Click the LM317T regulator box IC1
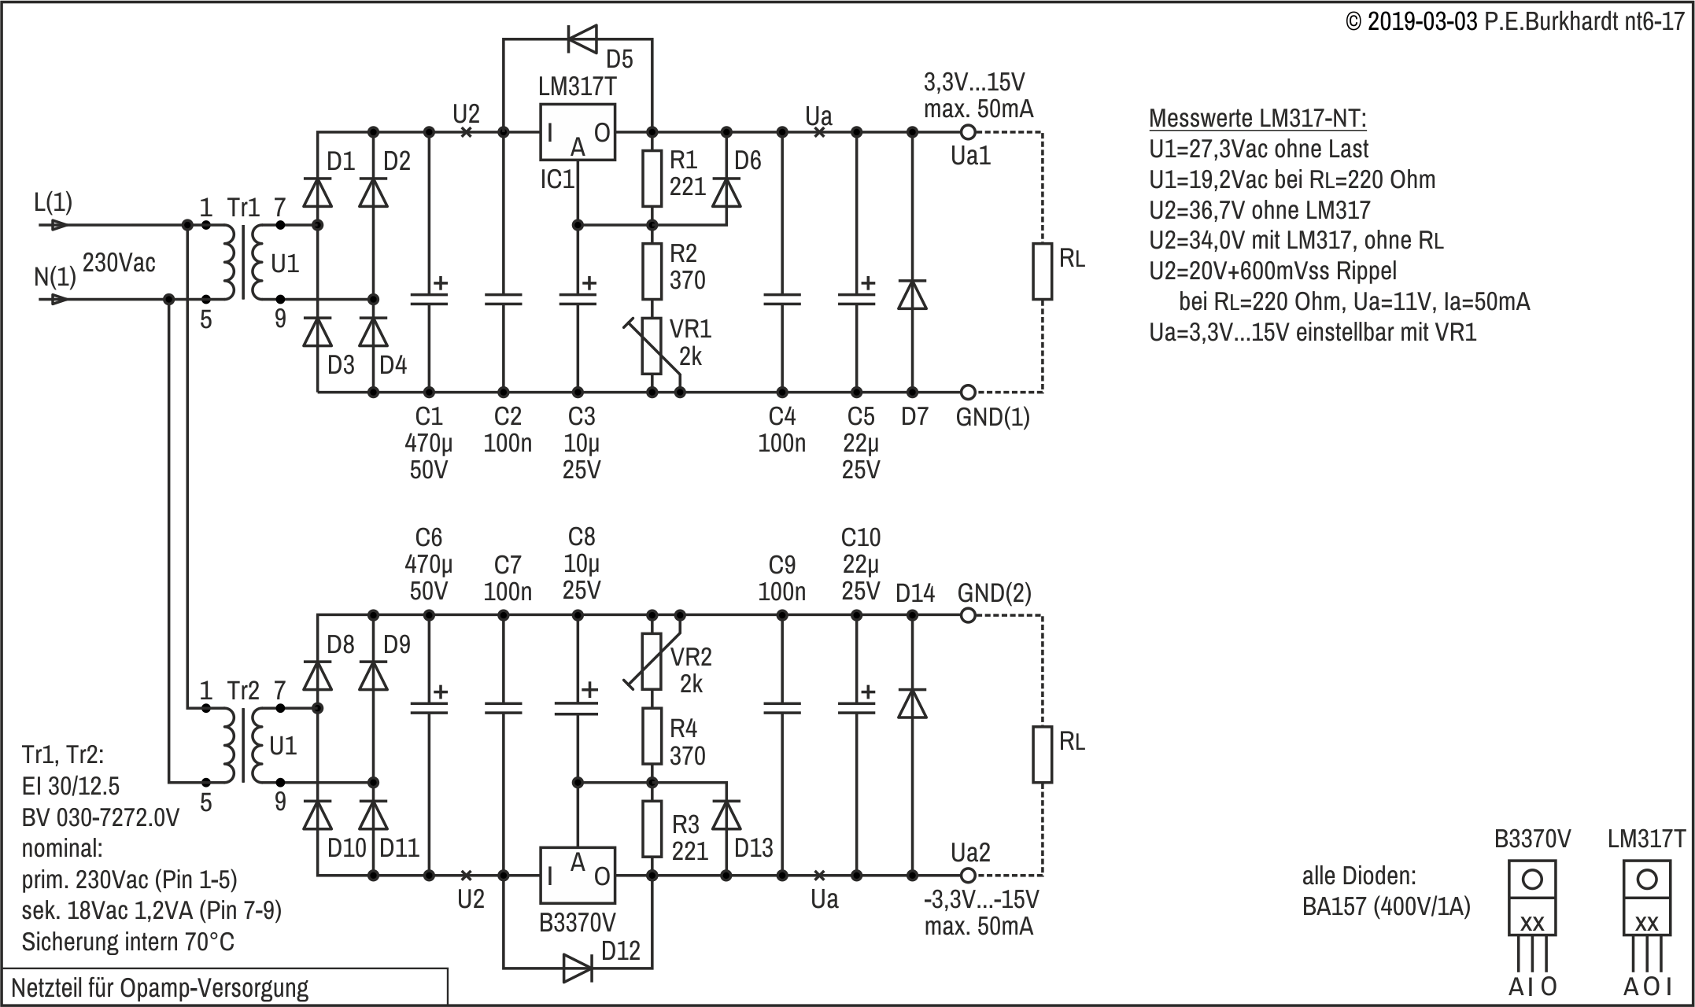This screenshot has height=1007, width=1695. point(577,133)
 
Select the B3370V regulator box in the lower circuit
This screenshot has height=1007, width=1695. point(577,875)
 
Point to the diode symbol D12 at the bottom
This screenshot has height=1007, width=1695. point(578,968)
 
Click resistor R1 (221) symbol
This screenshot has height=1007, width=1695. point(652,177)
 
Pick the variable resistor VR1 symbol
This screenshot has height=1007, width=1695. point(652,346)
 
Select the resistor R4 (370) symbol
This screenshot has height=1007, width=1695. point(652,736)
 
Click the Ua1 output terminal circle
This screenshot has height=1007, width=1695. point(969,132)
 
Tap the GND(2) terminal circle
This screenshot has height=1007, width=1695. point(969,615)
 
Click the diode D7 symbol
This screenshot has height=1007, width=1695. point(913,294)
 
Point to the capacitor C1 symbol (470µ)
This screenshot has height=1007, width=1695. point(429,299)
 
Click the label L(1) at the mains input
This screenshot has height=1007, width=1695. point(53,203)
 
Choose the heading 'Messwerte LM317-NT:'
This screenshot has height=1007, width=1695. point(1257,119)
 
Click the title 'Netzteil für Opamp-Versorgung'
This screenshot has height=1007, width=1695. point(160,988)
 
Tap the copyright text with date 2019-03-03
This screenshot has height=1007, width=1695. point(1515,21)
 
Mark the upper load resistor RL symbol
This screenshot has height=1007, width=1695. point(1043,271)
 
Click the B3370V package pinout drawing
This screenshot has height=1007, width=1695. point(1532,920)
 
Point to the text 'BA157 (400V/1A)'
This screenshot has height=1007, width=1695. point(1386,906)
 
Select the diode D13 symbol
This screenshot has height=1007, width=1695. point(726,816)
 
